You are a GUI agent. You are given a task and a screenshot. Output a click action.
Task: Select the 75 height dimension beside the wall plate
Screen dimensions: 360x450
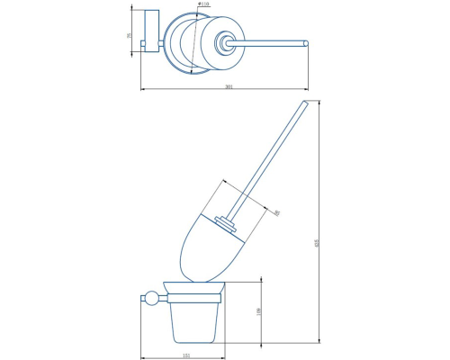[130, 35]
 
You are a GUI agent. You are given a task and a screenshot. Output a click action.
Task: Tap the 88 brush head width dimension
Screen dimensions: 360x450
[276, 212]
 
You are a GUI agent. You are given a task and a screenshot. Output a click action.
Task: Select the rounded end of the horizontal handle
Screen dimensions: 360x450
[306, 42]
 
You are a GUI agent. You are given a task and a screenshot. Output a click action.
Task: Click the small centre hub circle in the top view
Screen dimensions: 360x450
[223, 42]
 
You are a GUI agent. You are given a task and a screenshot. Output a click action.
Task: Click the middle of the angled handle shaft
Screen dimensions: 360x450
[265, 159]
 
